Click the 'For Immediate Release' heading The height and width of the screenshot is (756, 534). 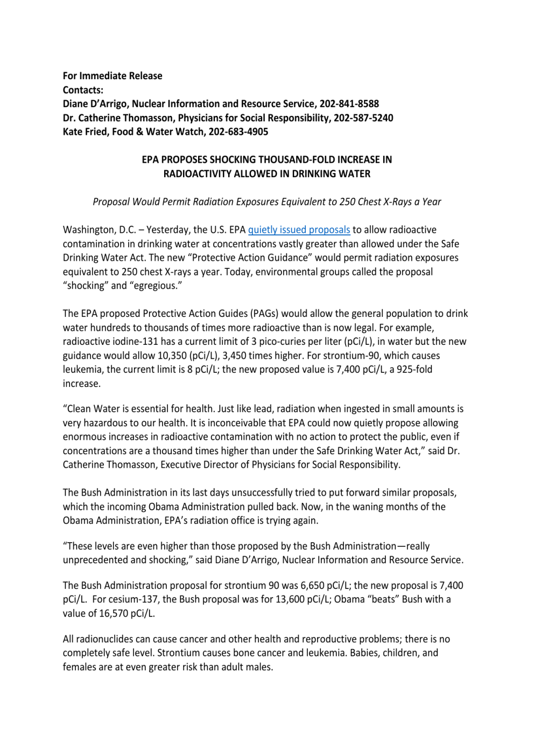point(113,76)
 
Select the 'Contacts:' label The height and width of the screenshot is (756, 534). point(83,90)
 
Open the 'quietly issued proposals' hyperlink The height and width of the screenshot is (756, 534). point(299,230)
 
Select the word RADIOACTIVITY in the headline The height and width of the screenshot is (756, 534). point(197,174)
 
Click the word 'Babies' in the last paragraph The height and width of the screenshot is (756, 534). point(364,653)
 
